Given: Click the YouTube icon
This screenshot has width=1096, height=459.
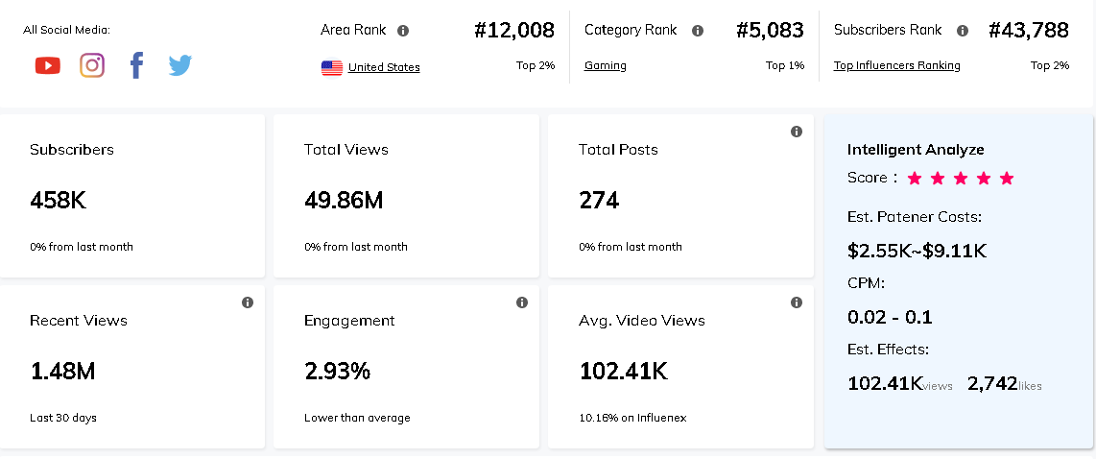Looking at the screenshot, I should [x=47, y=65].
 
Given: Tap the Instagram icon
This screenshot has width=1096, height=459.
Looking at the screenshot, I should [x=92, y=65].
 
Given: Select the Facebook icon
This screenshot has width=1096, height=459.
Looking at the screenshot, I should [x=136, y=65].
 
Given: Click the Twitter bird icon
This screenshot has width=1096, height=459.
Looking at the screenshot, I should [x=180, y=65].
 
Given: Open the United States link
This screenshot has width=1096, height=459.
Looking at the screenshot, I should [x=384, y=67].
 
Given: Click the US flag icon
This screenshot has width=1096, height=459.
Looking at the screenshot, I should [x=332, y=67].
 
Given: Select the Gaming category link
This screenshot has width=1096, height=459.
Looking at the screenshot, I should [x=606, y=65].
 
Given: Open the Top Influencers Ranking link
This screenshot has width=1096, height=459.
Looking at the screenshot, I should [x=896, y=65].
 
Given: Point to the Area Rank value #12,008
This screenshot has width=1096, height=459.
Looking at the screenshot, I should [x=514, y=31].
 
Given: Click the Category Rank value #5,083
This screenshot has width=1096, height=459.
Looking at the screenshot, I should [x=770, y=31].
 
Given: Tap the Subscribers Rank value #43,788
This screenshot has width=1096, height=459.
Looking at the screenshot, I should [x=1029, y=31].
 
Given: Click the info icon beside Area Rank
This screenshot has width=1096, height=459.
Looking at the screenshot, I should [x=403, y=31].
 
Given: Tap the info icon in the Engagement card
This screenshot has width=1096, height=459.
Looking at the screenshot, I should [x=522, y=302].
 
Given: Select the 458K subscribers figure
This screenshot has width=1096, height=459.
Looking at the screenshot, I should [x=58, y=201].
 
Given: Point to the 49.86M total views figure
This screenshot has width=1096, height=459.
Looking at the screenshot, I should [x=344, y=201].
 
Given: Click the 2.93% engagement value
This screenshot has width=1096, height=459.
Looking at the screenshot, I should [x=337, y=372].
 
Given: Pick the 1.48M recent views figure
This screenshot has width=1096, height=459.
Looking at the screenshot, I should [x=62, y=372].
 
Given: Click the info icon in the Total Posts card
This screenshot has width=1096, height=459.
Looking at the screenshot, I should [x=797, y=132].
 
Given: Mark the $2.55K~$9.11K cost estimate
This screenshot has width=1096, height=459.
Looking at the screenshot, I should [x=917, y=252].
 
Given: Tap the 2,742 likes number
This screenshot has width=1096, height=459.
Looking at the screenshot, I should [x=992, y=384].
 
